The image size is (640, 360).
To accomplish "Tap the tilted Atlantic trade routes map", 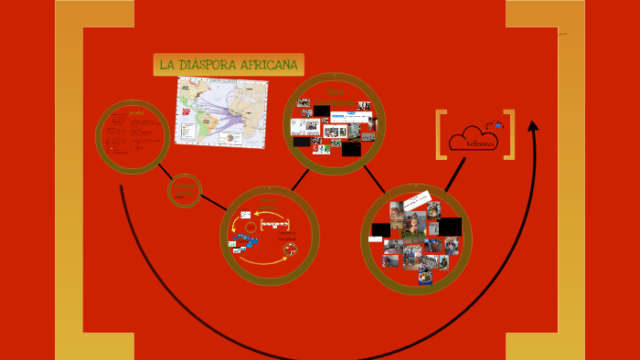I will [221, 111].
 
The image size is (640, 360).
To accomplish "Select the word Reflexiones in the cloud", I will [481, 143].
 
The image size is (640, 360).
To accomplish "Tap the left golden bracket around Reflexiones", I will [442, 134].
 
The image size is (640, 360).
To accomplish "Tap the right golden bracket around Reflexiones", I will [510, 134].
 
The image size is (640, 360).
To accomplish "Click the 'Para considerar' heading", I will [335, 97].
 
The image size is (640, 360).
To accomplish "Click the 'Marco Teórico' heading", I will [268, 200].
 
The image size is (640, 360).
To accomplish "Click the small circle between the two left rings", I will [185, 191].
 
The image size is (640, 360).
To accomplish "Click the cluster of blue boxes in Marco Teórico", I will [245, 242].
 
